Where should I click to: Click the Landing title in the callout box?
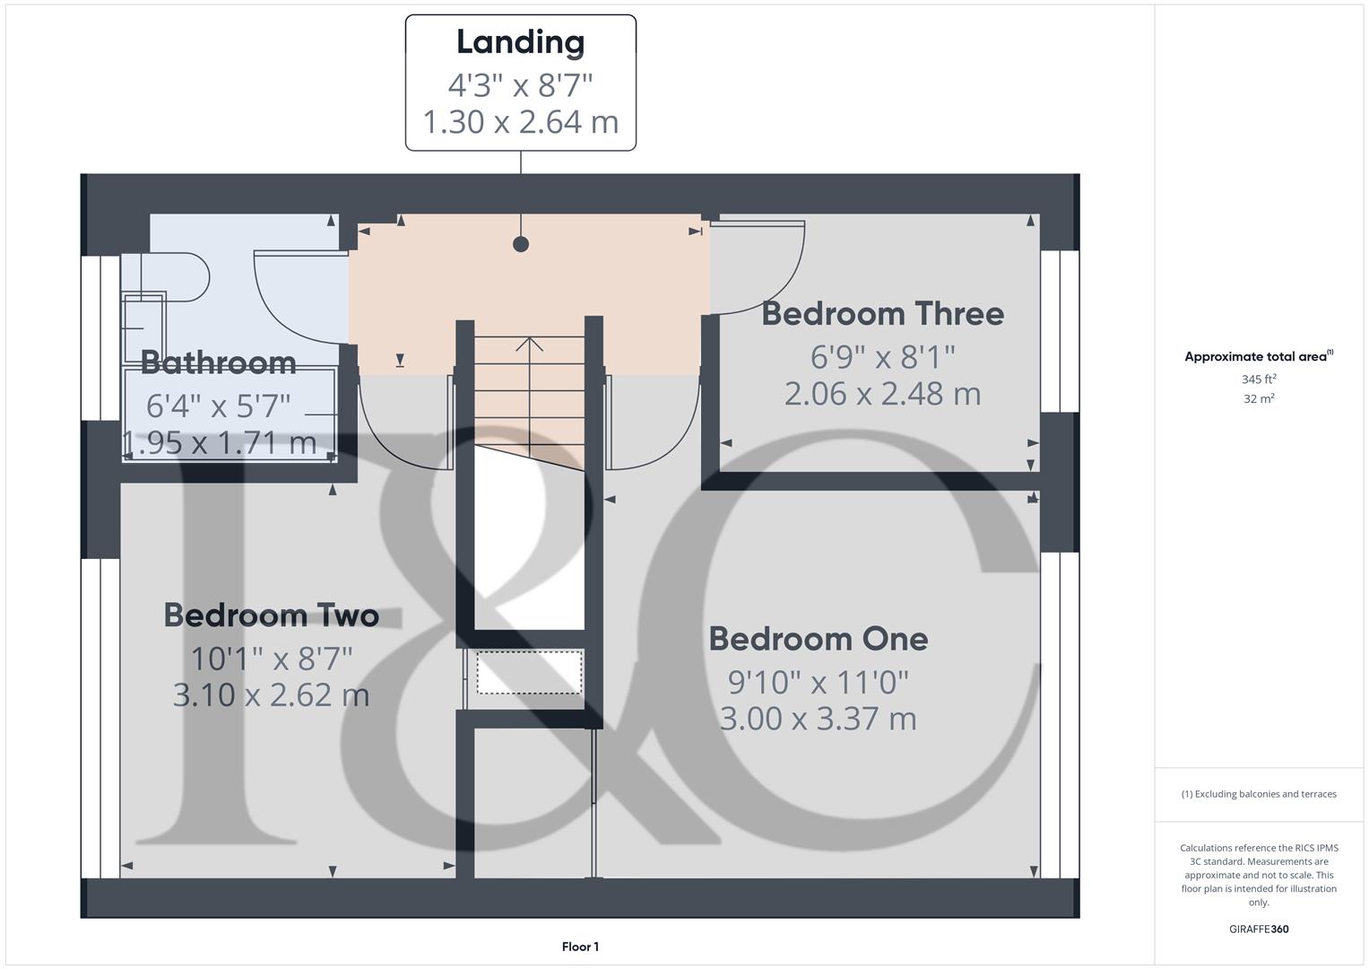(x=520, y=42)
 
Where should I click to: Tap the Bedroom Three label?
(x=882, y=314)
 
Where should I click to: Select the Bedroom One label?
(x=818, y=639)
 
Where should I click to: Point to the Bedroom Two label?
(x=271, y=615)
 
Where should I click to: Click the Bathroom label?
(x=218, y=362)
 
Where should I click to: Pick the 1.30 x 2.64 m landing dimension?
(x=520, y=122)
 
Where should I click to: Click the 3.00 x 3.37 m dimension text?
(x=818, y=719)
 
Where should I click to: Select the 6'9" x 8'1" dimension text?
(x=882, y=357)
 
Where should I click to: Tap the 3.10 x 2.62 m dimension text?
(x=271, y=695)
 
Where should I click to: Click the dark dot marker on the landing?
(x=521, y=244)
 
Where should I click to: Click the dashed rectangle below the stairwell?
(x=529, y=672)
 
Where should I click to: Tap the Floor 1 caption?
(x=580, y=947)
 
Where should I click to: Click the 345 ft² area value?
(x=1259, y=379)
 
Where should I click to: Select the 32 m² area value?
(x=1259, y=399)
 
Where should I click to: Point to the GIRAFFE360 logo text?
(x=1259, y=930)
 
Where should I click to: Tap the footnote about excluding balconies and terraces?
(x=1259, y=794)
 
